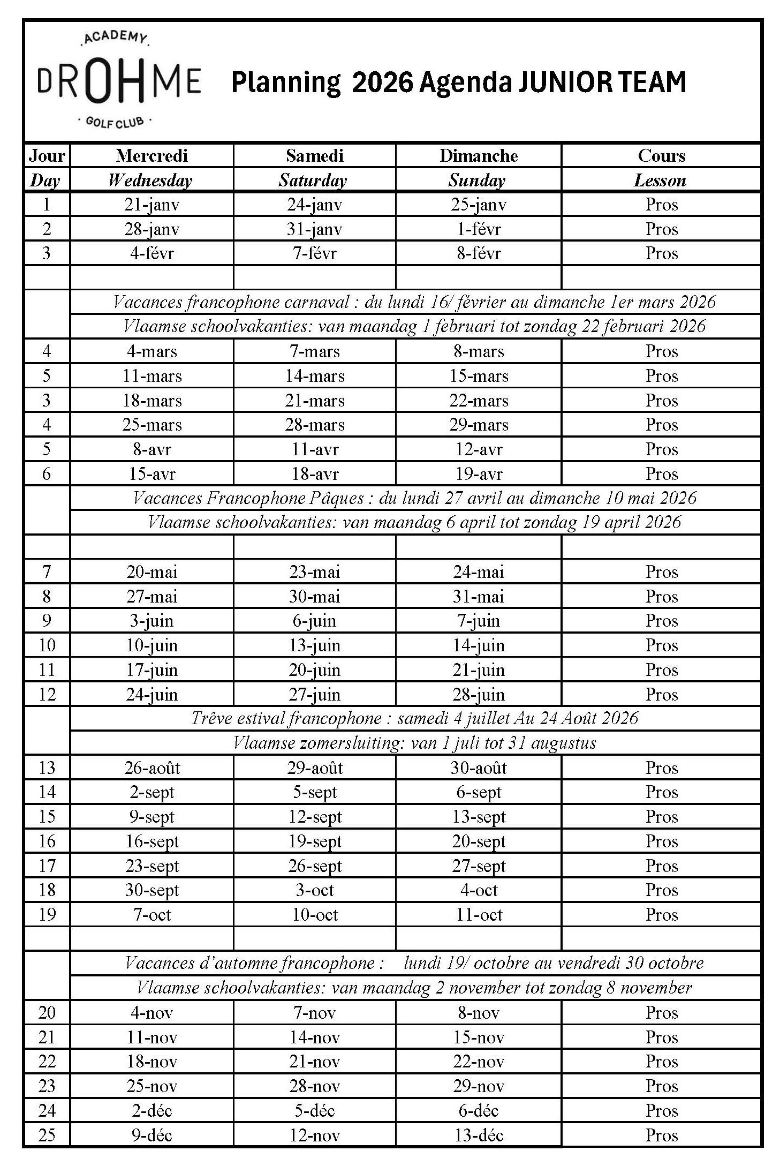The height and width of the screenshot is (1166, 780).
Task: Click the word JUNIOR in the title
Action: (561, 82)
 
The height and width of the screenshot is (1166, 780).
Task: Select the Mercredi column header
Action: (152, 156)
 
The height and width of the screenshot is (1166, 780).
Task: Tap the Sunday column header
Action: (477, 180)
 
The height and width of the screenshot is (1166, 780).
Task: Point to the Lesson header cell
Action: (660, 180)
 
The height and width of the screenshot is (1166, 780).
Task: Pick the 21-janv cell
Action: (152, 205)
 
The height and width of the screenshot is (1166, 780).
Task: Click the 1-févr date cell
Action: (479, 229)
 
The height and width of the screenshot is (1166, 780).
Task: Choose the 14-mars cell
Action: (315, 376)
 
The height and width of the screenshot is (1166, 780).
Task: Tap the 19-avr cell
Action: (479, 474)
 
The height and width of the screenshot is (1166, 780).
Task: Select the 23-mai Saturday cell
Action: (315, 572)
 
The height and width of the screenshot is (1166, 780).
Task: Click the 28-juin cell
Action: (479, 695)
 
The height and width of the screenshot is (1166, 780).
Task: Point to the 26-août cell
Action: (152, 768)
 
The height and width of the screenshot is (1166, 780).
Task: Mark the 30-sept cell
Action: (152, 890)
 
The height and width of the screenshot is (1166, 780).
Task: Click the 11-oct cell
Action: (479, 915)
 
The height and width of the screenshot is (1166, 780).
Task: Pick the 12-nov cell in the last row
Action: (315, 1135)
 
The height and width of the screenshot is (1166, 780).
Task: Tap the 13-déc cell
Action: (479, 1135)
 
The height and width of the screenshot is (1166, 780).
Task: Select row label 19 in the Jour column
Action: (47, 915)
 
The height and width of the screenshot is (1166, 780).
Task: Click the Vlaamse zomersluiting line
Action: (414, 743)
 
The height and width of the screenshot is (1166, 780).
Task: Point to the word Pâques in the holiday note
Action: (337, 499)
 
